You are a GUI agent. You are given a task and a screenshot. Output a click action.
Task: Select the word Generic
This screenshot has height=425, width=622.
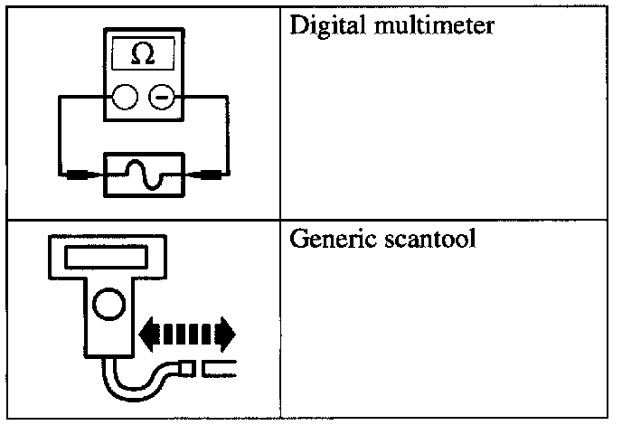(325, 241)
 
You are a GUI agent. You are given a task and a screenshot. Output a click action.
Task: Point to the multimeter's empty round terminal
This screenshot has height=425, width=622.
(126, 96)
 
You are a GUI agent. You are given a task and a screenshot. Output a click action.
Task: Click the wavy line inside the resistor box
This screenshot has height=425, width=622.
(144, 172)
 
